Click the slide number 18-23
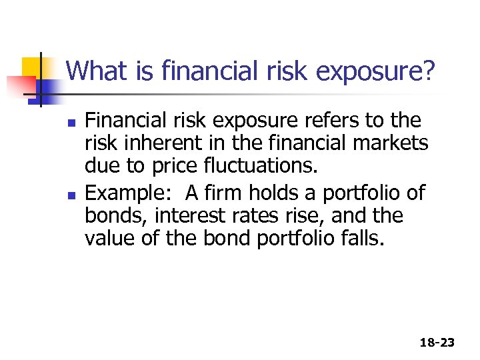click(437, 342)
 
